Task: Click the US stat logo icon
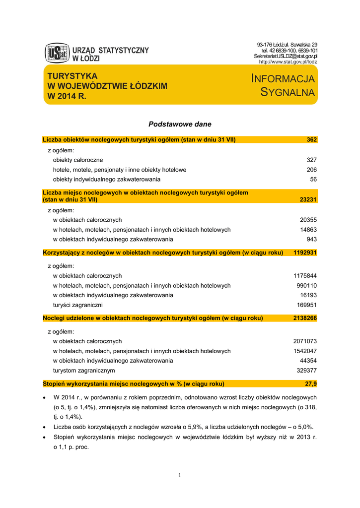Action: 57,53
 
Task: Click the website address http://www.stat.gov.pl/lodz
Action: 288,62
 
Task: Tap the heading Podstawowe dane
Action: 180,124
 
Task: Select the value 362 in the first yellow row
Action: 311,140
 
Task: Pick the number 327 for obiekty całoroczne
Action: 311,160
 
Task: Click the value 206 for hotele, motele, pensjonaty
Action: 311,170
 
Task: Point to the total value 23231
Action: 308,199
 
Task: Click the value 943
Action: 311,239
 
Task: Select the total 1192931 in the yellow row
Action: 305,253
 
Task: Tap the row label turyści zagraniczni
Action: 78,305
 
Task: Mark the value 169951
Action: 307,305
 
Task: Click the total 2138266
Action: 305,318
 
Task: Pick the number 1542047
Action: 305,351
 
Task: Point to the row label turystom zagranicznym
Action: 84,370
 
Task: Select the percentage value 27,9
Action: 311,383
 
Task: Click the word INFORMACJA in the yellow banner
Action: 283,79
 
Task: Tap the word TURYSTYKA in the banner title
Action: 72,76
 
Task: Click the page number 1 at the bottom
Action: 180,476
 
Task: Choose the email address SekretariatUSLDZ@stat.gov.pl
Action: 286,56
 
